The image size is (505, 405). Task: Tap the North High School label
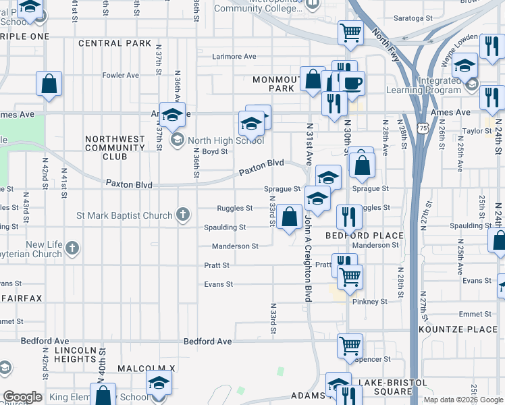point(225,140)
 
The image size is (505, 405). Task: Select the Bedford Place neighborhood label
point(365,236)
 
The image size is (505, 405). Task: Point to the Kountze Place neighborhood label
point(457,329)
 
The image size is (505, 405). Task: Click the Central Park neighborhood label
point(115,43)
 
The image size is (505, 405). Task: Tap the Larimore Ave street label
point(234,57)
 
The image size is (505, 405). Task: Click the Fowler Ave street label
point(120,75)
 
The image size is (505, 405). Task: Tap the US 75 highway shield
point(423,127)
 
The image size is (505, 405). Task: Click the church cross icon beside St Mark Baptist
point(182,215)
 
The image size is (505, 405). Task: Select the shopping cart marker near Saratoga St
point(350,32)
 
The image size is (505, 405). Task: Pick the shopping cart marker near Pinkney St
point(350,276)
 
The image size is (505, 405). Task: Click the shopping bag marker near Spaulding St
point(289,217)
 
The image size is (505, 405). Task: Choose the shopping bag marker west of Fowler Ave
point(49,84)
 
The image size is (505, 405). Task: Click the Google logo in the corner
point(23,397)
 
